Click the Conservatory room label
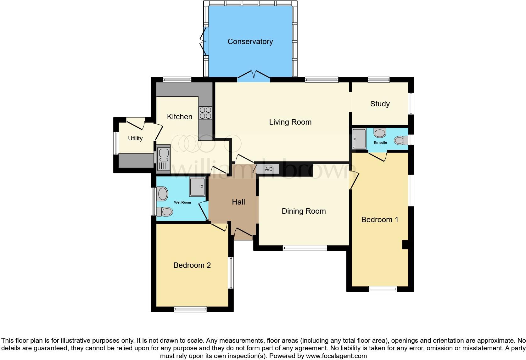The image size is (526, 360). (x=250, y=42)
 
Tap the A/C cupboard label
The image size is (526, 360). (x=269, y=169)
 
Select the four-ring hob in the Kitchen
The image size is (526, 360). (x=205, y=113)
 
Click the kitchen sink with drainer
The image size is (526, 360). (x=163, y=159)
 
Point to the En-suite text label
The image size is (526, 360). (x=380, y=143)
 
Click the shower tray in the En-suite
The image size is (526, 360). (x=359, y=138)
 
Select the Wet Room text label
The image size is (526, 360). (x=182, y=202)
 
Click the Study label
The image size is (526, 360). (x=380, y=104)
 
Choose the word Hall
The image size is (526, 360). (x=238, y=202)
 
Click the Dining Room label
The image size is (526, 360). (x=304, y=211)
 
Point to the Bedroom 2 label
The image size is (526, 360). (x=192, y=265)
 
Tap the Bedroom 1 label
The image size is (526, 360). (x=380, y=220)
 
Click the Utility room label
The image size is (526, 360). (x=135, y=138)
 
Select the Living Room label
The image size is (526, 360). (x=290, y=122)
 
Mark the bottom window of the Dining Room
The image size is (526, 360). (x=305, y=248)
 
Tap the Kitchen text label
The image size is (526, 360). (x=180, y=117)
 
